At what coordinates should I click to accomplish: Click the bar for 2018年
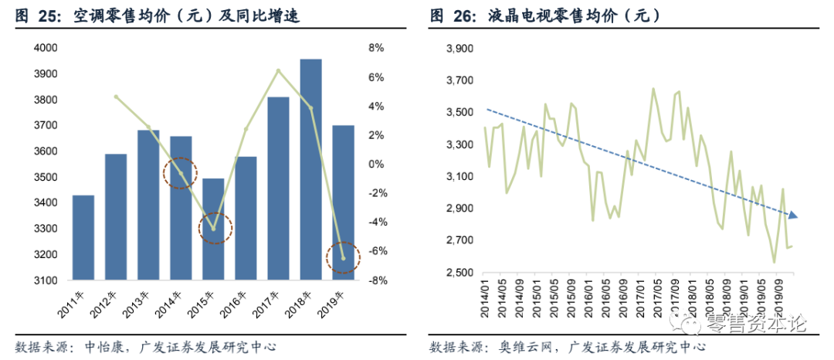pos(310,168)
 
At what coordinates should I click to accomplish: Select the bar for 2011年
pos(83,237)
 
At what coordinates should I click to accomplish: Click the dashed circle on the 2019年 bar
pos(342,256)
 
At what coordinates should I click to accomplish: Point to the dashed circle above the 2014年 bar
pos(181,172)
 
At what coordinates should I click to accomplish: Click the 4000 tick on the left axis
pos(48,48)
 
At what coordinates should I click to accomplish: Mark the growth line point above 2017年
pos(278,71)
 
